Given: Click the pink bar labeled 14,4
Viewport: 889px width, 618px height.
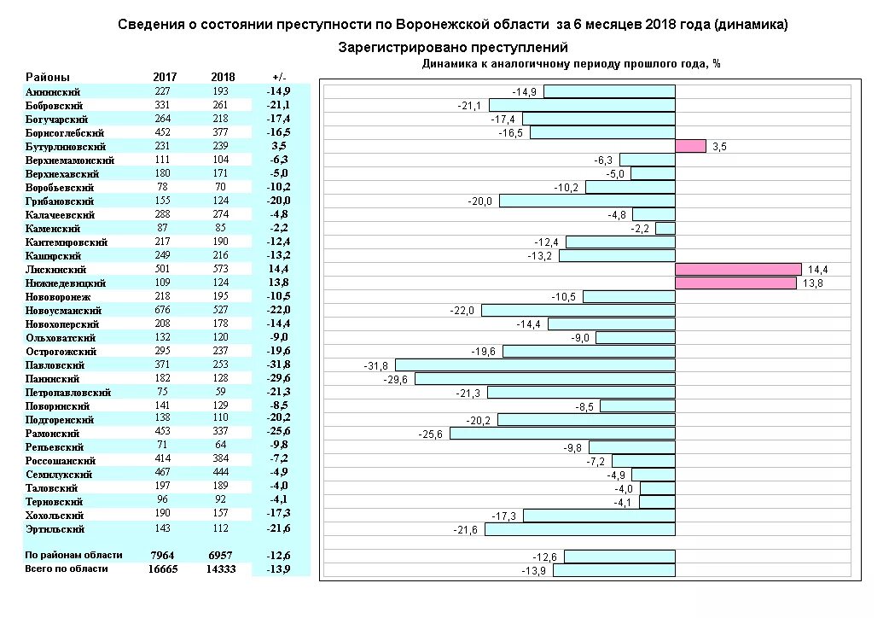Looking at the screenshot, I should pos(738,269).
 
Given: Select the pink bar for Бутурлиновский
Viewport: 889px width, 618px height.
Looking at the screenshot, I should pos(690,146).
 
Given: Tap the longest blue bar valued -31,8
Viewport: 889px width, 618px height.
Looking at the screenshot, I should pos(535,364).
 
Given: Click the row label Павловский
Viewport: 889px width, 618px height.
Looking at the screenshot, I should pos(53,364).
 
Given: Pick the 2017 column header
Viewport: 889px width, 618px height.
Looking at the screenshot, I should pos(165,77).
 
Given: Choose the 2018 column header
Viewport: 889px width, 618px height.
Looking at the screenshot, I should pos(222,77).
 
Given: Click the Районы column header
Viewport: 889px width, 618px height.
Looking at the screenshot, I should pos(48,77).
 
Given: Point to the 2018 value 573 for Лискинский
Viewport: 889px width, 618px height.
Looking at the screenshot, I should pos(222,269).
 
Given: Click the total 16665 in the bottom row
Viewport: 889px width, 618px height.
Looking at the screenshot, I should pos(162,568).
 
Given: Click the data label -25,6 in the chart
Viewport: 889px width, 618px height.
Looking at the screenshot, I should pos(432,433).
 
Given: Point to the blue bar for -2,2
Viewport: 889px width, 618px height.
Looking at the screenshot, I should pos(665,228).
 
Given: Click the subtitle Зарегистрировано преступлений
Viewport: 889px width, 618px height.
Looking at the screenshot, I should pos(453,47).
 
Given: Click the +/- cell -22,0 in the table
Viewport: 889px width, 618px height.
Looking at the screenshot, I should pos(278,310).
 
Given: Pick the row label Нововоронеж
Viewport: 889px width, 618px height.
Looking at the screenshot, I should pos(56,296).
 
